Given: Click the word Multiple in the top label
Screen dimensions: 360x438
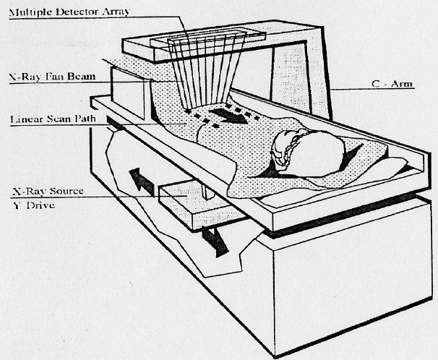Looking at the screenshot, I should [x=28, y=13].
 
